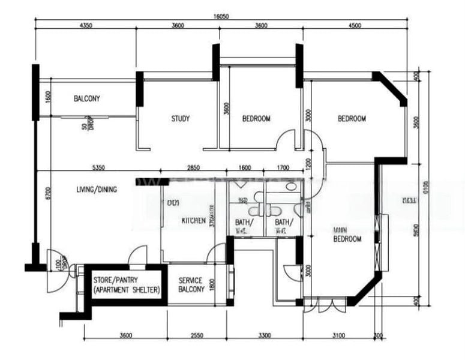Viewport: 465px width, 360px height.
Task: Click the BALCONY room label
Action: click(x=87, y=99)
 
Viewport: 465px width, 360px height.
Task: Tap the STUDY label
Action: click(x=180, y=119)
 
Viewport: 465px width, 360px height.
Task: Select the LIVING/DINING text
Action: click(x=96, y=190)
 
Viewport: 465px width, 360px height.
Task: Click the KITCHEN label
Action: click(x=194, y=221)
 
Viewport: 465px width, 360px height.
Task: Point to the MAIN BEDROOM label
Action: click(x=347, y=234)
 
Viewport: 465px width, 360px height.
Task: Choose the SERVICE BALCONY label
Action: click(x=191, y=285)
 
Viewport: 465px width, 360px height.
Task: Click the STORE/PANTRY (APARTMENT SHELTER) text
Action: click(x=127, y=285)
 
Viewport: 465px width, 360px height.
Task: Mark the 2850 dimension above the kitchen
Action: click(x=194, y=167)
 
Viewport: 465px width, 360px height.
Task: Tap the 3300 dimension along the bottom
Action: click(x=265, y=335)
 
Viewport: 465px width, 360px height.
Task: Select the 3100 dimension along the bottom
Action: click(x=338, y=335)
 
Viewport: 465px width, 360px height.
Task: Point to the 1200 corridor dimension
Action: click(x=308, y=162)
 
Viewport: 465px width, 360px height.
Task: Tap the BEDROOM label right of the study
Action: click(x=256, y=119)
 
